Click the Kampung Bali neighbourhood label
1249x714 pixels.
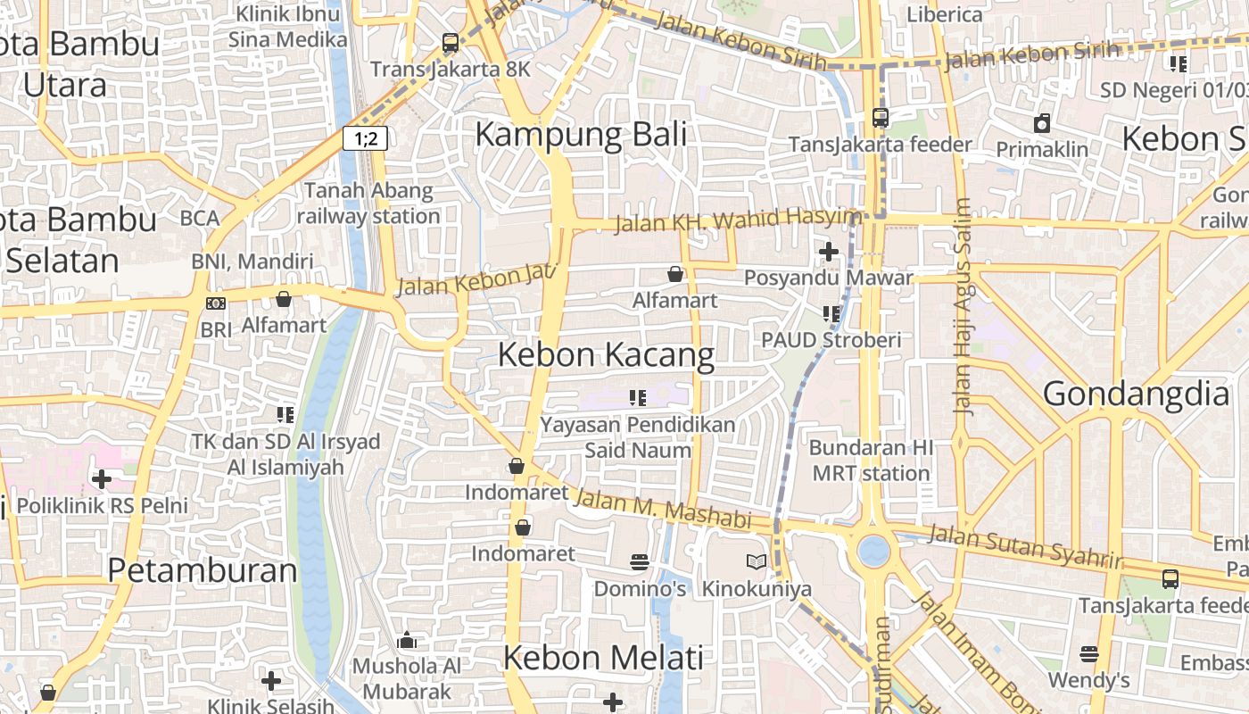pyautogui.click(x=581, y=135)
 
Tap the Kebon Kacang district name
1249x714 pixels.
pyautogui.click(x=606, y=354)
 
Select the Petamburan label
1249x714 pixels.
pyautogui.click(x=202, y=570)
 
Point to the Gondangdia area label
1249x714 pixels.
pyautogui.click(x=1135, y=394)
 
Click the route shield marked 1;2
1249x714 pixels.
pyautogui.click(x=365, y=138)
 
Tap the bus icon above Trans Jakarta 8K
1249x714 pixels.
pyautogui.click(x=451, y=42)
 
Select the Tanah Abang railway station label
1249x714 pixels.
pyautogui.click(x=368, y=203)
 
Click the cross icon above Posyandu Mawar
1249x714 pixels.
pyautogui.click(x=829, y=252)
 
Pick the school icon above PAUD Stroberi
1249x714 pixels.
pyautogui.click(x=831, y=313)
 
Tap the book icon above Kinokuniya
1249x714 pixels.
pyautogui.click(x=756, y=562)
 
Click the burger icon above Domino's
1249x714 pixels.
pyautogui.click(x=640, y=562)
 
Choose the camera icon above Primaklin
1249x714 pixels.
pyautogui.click(x=1042, y=123)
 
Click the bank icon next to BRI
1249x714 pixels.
pyautogui.click(x=216, y=303)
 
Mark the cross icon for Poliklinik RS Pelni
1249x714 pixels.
pyautogui.click(x=102, y=479)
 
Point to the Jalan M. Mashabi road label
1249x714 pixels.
pyautogui.click(x=661, y=509)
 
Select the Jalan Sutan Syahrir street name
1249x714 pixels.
pyautogui.click(x=1024, y=546)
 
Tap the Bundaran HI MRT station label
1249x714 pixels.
pyautogui.click(x=871, y=461)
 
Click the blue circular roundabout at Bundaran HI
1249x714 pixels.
pyautogui.click(x=873, y=551)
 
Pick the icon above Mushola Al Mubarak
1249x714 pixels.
pyautogui.click(x=407, y=640)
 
